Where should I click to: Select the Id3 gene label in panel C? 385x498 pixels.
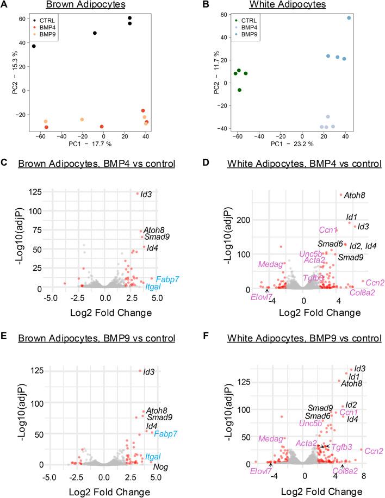coord(146,194)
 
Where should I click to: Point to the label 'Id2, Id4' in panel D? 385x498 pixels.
coord(362,245)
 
